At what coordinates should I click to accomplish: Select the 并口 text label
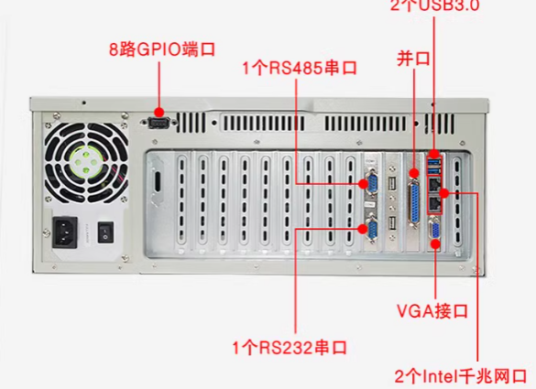(x=413, y=59)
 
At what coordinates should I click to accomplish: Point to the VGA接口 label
(x=433, y=312)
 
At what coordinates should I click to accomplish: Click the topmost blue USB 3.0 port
(x=433, y=162)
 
